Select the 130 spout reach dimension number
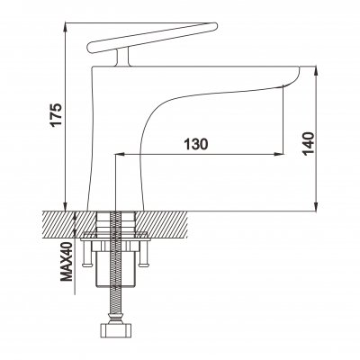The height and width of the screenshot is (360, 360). (197, 143)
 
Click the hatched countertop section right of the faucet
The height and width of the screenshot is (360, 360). (166, 222)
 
